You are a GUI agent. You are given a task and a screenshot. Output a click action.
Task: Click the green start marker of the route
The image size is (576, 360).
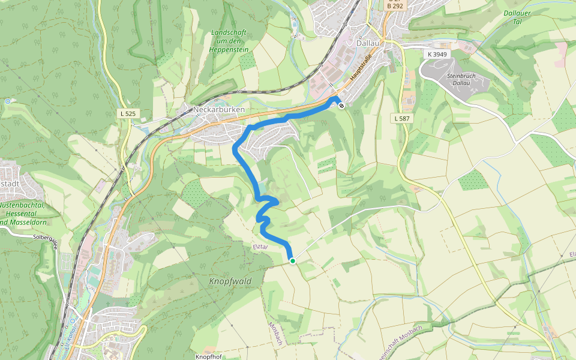pyautogui.click(x=292, y=260)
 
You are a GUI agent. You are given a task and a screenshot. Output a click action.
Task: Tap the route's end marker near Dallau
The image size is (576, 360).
pyautogui.click(x=341, y=106)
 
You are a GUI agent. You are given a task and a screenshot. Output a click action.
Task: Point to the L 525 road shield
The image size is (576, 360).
pyautogui.click(x=127, y=113)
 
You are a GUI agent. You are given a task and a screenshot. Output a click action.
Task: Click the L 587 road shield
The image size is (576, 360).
pyautogui.click(x=403, y=118)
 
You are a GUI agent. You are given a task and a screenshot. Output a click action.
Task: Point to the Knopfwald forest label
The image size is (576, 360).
pyautogui.click(x=230, y=281)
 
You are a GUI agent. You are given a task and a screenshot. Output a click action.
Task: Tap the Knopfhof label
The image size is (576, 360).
pyautogui.click(x=208, y=356)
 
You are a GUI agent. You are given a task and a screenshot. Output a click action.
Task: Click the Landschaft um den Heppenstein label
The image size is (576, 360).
pyautogui.click(x=230, y=40)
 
